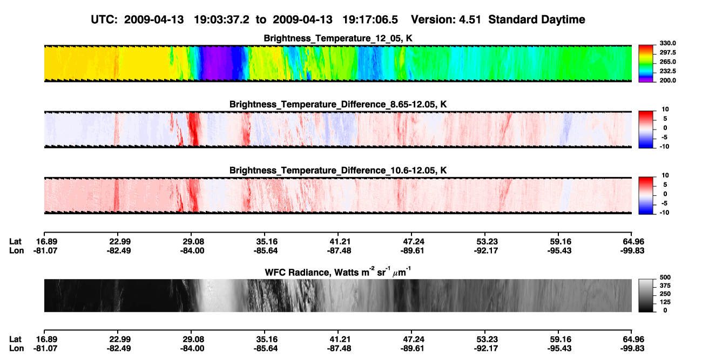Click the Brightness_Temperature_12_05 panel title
pyautogui.click(x=338, y=38)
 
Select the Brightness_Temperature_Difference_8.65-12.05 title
pyautogui.click(x=338, y=104)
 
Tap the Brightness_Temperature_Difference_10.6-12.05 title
pyautogui.click(x=338, y=171)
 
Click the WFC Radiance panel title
pyautogui.click(x=338, y=271)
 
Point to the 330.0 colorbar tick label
pyautogui.click(x=667, y=43)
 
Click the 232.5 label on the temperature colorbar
pyautogui.click(x=667, y=71)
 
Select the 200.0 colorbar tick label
pyautogui.click(x=667, y=80)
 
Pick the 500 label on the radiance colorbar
pyautogui.click(x=665, y=277)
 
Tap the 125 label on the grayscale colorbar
pyautogui.click(x=665, y=302)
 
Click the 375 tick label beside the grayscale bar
pyautogui.click(x=665, y=286)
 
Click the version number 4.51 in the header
pyautogui.click(x=470, y=19)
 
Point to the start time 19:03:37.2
pyautogui.click(x=221, y=19)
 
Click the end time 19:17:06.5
pyautogui.click(x=370, y=19)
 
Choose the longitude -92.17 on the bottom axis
pyautogui.click(x=486, y=349)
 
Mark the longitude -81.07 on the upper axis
pyautogui.click(x=45, y=250)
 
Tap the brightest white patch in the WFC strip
pyautogui.click(x=216, y=295)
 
